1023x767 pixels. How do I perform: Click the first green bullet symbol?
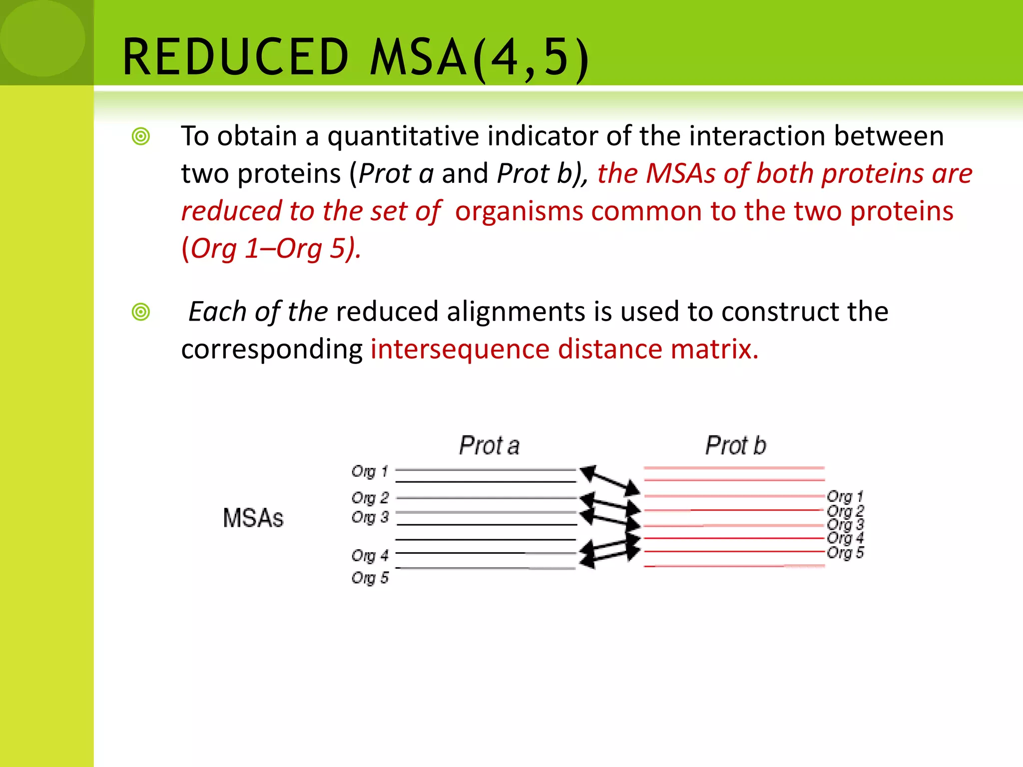click(141, 136)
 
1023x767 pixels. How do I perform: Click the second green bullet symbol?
click(141, 312)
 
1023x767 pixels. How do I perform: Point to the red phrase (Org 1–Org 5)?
click(271, 248)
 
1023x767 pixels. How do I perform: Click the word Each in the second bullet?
click(217, 312)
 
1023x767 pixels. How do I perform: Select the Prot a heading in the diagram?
click(489, 445)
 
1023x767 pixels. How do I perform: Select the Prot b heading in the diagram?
click(735, 445)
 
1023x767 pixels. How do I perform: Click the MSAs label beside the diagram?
click(253, 518)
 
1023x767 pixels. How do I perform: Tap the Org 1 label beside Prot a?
click(370, 471)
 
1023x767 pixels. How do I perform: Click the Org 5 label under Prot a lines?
click(370, 578)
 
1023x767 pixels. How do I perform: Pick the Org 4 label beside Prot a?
click(370, 555)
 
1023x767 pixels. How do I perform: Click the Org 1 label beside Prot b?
click(845, 496)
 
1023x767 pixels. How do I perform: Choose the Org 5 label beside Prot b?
click(845, 553)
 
